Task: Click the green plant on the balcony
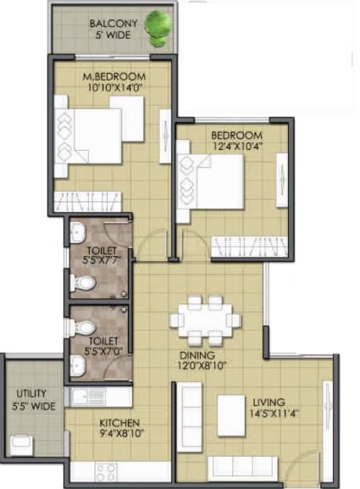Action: (158, 28)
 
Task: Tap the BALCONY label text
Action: (114, 24)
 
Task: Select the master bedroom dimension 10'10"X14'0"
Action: (114, 87)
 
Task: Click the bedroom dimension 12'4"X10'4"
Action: (237, 146)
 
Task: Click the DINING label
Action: (197, 355)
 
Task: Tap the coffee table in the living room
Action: (231, 416)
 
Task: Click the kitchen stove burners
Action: (106, 472)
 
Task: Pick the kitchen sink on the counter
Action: (89, 397)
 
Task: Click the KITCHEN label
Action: (119, 423)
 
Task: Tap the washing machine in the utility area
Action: (21, 445)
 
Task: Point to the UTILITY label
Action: (31, 393)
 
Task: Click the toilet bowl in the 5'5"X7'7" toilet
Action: (82, 283)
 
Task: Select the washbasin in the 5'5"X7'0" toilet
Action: (78, 366)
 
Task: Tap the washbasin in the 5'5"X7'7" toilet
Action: (78, 233)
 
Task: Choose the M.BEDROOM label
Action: (114, 76)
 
